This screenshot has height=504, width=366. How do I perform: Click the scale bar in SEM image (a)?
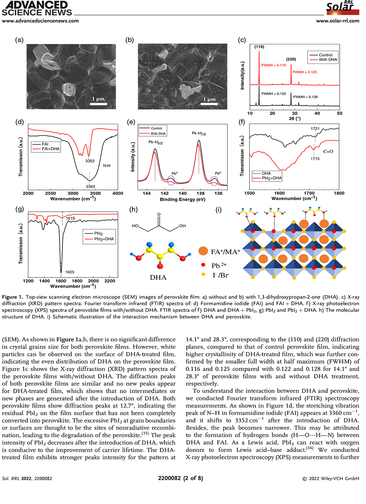(x=98, y=104)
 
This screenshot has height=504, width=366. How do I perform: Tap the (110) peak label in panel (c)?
(x=259, y=47)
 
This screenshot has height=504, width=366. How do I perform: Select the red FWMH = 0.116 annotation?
(x=274, y=65)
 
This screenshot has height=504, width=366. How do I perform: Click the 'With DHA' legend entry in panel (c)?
(x=328, y=60)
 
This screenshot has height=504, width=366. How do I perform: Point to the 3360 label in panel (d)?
(x=90, y=187)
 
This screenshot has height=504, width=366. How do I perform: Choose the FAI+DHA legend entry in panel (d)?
(x=51, y=149)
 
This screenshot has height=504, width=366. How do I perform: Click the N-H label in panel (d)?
(x=106, y=166)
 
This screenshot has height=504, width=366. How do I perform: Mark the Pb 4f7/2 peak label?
(x=199, y=133)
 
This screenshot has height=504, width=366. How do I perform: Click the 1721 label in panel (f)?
(x=315, y=129)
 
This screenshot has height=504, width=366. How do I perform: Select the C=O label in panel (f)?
(x=328, y=151)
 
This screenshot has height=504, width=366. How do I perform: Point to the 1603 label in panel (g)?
(x=70, y=272)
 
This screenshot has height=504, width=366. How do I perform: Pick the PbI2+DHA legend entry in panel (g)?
(x=104, y=239)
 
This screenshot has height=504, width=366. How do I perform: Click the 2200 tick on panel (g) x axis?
(x=110, y=281)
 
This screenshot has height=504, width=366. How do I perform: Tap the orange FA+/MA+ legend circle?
(x=203, y=252)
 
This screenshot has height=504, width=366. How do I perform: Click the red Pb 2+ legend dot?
(x=203, y=265)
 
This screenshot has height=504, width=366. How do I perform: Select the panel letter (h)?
(x=133, y=210)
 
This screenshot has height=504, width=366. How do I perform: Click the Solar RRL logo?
(x=342, y=7)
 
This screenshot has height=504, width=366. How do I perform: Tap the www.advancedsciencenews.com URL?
(x=40, y=21)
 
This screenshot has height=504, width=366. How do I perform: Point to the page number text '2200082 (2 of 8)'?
(x=180, y=478)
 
